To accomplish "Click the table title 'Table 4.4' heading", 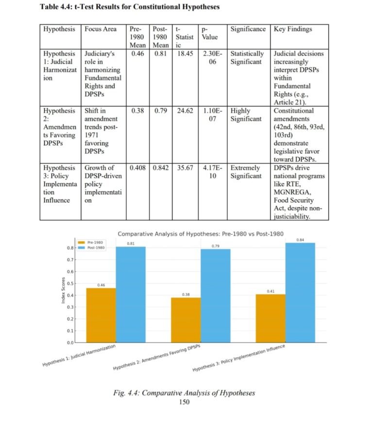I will [130, 7].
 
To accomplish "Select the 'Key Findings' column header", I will [293, 29].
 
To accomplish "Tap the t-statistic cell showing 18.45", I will [185, 53].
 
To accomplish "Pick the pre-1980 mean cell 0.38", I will [137, 111].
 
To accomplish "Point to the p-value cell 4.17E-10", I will [212, 172].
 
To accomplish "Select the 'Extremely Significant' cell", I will [247, 172].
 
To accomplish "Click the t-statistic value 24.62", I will [185, 111].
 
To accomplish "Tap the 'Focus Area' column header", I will [101, 29].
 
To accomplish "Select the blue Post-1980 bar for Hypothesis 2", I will [216, 296].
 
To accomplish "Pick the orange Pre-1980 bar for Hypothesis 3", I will [271, 318].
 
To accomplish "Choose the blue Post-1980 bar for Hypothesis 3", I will [300, 293].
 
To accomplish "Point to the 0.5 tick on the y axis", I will [70, 283].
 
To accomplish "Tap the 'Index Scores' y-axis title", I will [63, 291].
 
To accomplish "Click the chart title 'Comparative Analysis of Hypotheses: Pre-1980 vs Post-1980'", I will [201, 233].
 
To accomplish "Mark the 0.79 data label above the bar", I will [216, 246].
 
